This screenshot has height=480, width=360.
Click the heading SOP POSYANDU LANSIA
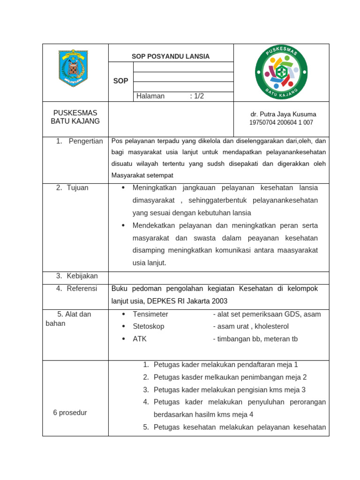point(171,57)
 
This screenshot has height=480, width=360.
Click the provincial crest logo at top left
point(73,68)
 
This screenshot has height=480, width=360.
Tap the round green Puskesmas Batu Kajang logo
point(281,72)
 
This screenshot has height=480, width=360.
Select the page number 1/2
point(197,96)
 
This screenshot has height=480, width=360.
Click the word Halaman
point(150,96)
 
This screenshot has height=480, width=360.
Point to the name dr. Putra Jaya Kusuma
point(283,114)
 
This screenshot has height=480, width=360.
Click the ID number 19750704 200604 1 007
point(281,122)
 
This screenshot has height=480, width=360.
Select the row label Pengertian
point(85,141)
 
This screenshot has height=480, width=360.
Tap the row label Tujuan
point(77,187)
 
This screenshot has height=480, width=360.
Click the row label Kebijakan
point(82,276)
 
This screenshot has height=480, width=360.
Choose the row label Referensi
point(82,289)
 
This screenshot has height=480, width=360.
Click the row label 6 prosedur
point(70,412)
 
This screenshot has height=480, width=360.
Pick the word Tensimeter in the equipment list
point(150,314)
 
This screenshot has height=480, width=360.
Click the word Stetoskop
point(149,326)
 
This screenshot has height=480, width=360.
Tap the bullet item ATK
point(140,338)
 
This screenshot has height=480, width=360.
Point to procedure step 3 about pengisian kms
point(230,390)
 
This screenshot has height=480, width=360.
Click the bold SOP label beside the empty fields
point(120,81)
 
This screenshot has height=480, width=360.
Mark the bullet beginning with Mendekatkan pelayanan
point(225,225)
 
